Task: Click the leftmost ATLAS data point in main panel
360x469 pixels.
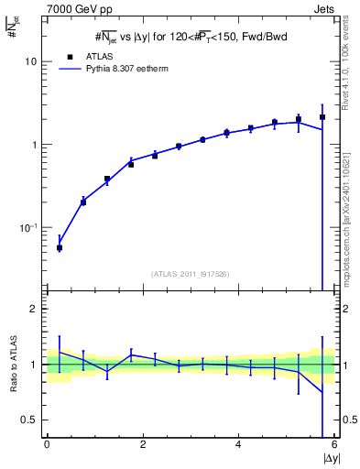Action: tap(60, 247)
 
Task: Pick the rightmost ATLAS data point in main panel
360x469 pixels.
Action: tap(322, 117)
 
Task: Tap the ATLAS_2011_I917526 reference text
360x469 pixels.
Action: tap(191, 273)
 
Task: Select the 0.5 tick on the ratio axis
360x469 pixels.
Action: tap(30, 420)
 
